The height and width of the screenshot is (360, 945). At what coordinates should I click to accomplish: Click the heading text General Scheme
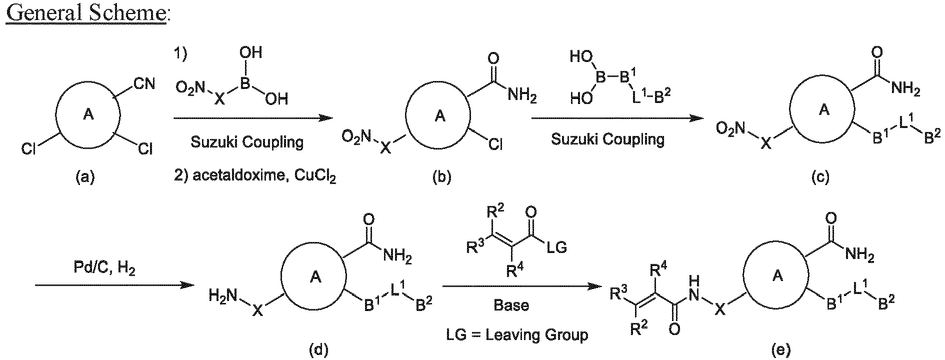[86, 12]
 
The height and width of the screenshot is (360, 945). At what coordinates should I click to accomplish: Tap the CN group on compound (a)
[144, 83]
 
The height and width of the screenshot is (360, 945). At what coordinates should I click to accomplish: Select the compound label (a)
[85, 176]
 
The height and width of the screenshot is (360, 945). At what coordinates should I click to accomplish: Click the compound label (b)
[441, 176]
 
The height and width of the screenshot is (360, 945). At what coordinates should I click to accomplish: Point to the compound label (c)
[819, 176]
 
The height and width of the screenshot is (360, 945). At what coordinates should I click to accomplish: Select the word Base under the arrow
[511, 305]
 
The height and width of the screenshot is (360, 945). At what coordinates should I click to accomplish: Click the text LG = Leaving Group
[517, 334]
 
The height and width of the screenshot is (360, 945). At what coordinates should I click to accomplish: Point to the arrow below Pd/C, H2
[114, 285]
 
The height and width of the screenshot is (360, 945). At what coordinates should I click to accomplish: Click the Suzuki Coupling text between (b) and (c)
[608, 139]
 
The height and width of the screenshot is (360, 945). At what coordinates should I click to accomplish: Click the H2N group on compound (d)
[224, 296]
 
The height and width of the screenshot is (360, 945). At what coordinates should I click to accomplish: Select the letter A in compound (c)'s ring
[824, 110]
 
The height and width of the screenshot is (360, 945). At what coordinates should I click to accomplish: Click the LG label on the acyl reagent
[556, 247]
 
